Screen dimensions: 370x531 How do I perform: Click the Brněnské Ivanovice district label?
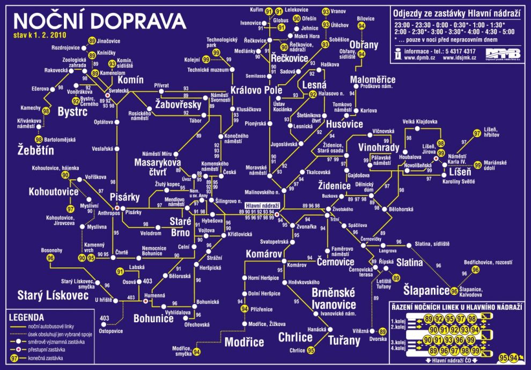[x=334, y=299]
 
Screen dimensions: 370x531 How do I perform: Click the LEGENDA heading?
[x=26, y=317]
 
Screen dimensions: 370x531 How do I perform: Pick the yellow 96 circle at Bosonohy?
[x=51, y=258]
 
